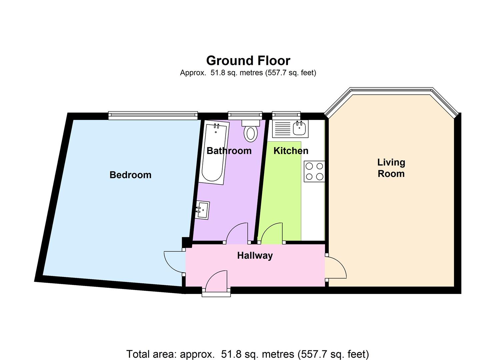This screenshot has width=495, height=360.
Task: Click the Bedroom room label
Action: pyautogui.click(x=130, y=175)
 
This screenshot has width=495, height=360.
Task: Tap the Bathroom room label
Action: pyautogui.click(x=229, y=151)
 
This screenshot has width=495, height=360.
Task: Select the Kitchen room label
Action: pyautogui.click(x=291, y=151)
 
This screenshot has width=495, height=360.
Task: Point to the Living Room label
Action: pyautogui.click(x=391, y=168)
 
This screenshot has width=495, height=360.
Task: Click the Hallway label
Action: pyautogui.click(x=255, y=256)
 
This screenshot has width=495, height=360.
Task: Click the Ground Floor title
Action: pyautogui.click(x=248, y=61)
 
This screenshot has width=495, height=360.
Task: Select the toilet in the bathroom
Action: pyautogui.click(x=251, y=132)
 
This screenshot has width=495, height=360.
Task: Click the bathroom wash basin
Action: pyautogui.click(x=202, y=210)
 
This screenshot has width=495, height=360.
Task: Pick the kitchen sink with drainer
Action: pyautogui.click(x=290, y=128)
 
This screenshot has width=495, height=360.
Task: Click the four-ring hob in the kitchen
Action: pyautogui.click(x=314, y=171)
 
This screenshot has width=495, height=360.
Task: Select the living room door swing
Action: pyautogui.click(x=337, y=267)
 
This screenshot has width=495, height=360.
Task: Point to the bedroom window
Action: pyautogui.click(x=153, y=115)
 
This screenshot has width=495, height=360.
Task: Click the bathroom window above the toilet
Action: pyautogui.click(x=245, y=115)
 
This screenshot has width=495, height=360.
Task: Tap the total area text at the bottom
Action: pyautogui.click(x=247, y=354)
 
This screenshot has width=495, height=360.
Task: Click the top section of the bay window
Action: pyautogui.click(x=391, y=91)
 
